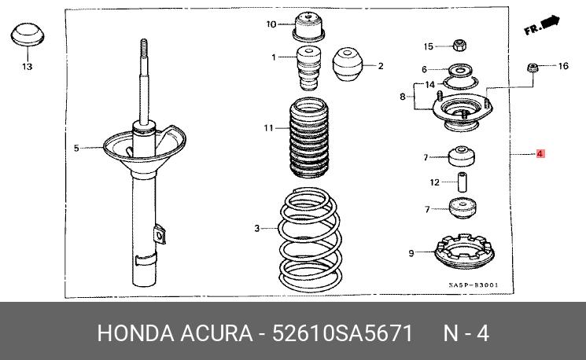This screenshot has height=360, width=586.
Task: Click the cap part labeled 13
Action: click(x=27, y=39)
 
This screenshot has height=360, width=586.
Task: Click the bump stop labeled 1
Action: click(x=308, y=68)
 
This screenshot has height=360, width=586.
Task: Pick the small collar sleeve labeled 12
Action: click(x=463, y=182)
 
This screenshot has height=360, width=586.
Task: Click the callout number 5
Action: click(x=76, y=147)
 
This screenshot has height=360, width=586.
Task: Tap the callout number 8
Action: click(x=402, y=97)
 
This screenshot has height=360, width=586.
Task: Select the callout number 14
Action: click(x=429, y=84)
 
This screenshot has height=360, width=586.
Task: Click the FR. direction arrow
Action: click(x=542, y=27)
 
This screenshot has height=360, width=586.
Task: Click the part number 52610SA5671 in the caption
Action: click(x=342, y=332)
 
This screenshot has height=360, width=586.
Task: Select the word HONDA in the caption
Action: click(x=134, y=332)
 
